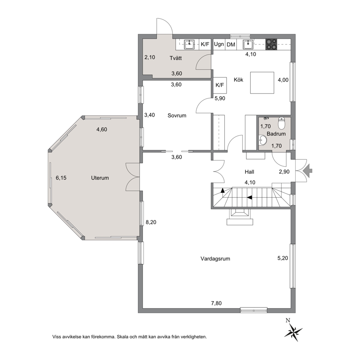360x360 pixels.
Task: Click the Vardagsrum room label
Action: point(215,259)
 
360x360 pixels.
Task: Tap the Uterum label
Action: point(100,178)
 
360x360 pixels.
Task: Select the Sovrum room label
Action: point(177,115)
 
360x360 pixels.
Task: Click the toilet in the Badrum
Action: point(282,123)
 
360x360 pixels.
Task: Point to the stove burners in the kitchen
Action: point(271,44)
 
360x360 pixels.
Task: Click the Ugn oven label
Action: point(219,44)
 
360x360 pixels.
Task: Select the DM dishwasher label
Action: point(231,45)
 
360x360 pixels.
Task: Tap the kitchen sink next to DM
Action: point(248,44)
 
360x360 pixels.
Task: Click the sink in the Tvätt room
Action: point(189,44)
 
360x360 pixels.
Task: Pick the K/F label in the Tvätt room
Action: point(205,44)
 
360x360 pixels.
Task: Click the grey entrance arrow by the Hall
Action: point(308,171)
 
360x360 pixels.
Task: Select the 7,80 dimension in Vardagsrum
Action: point(216,303)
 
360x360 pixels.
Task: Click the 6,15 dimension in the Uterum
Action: point(61,178)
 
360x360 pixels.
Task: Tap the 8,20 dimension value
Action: point(151,222)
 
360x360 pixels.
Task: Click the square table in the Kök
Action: point(262,83)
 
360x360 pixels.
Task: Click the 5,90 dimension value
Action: point(220,98)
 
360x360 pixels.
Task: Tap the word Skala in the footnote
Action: point(123,337)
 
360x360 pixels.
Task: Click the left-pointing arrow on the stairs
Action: point(250,197)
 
